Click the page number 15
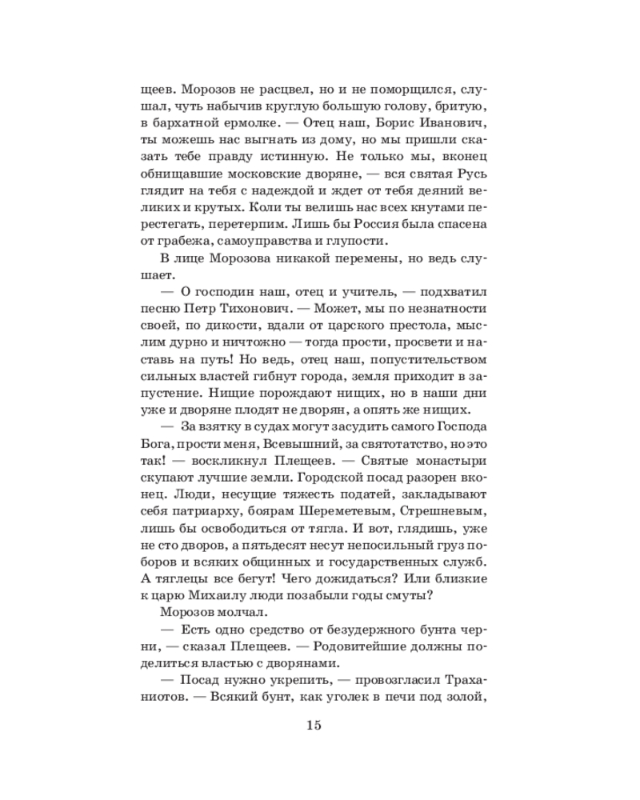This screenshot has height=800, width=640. click(313, 726)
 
